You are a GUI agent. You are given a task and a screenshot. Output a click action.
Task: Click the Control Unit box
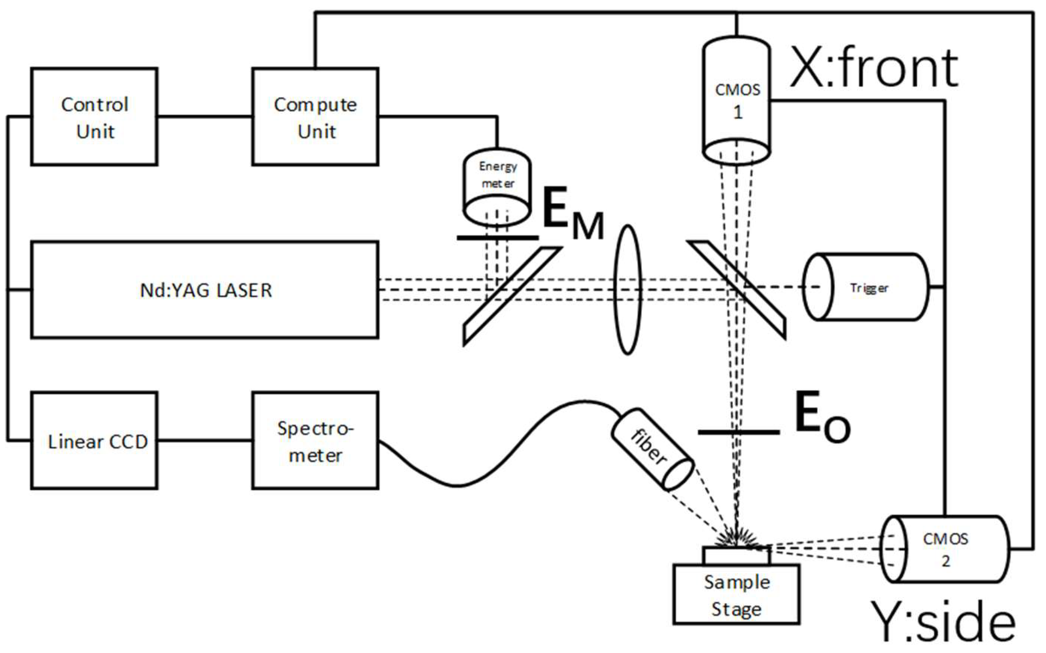[x=94, y=116]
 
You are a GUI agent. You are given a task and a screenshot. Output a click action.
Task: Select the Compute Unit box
[x=315, y=116]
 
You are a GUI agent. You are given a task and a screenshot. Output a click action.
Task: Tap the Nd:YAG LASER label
[x=206, y=290]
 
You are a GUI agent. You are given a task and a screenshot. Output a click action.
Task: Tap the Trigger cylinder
[x=866, y=287]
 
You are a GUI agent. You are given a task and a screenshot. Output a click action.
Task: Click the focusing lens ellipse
[x=627, y=290]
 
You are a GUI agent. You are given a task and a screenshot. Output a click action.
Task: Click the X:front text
[x=873, y=69]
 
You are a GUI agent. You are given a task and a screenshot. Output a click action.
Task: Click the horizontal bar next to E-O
[x=739, y=432]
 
